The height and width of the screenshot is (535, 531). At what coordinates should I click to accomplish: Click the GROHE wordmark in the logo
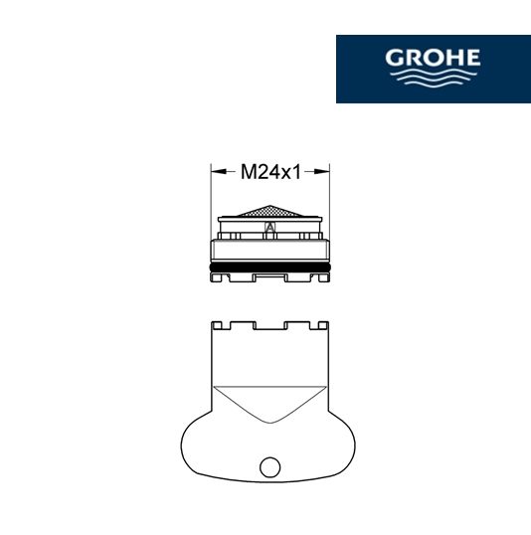click(x=433, y=58)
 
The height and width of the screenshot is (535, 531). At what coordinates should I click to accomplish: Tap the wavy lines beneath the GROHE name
click(x=433, y=79)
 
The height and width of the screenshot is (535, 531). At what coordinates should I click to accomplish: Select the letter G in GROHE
click(x=395, y=58)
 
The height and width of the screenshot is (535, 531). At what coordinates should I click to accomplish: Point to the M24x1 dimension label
click(x=270, y=172)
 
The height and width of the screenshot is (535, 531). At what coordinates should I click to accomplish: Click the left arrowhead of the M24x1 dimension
click(x=219, y=171)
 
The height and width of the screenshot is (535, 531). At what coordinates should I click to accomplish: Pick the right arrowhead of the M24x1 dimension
click(x=322, y=171)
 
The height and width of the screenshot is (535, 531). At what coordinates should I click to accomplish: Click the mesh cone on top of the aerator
click(x=269, y=211)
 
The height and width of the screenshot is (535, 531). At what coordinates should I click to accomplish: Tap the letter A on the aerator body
click(x=269, y=227)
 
